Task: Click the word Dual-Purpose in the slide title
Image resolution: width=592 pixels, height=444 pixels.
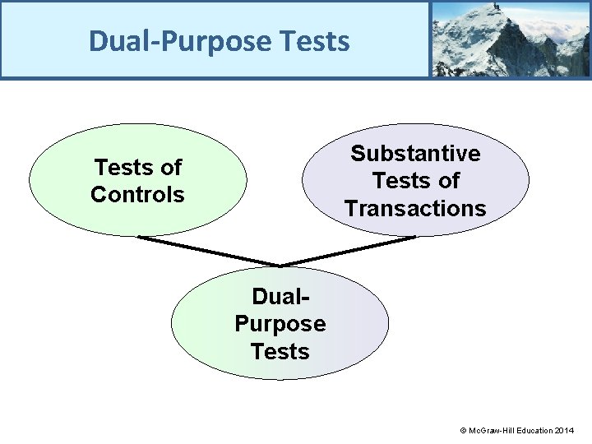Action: click(180, 40)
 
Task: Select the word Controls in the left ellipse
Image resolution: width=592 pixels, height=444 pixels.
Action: click(137, 195)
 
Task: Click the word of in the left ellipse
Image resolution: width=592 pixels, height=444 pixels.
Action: click(170, 168)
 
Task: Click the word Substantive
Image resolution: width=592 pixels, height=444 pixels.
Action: click(415, 154)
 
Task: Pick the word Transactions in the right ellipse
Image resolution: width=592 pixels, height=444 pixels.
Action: click(415, 209)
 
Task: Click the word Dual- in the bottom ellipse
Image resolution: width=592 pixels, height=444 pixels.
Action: click(280, 296)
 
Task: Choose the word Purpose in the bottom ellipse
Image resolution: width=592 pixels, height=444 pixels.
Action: click(280, 324)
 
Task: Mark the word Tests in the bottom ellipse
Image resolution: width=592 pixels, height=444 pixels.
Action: click(280, 352)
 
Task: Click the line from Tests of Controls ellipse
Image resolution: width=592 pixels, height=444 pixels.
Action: click(209, 251)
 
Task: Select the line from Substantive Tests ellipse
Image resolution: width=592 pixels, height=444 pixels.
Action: click(349, 251)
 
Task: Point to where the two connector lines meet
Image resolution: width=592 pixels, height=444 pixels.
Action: click(281, 266)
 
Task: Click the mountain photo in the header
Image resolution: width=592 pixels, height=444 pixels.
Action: click(510, 39)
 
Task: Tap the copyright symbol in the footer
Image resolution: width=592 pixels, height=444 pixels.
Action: click(463, 431)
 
